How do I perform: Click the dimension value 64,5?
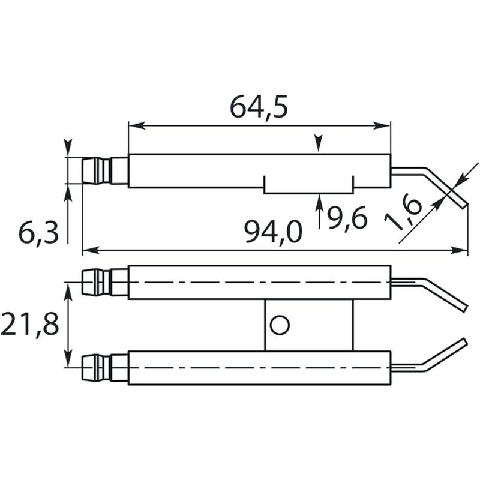259,107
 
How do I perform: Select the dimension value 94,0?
273,232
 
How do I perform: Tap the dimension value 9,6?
347,218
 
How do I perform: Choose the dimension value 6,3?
38,233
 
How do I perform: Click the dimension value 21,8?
29,324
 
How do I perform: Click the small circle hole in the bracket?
280,325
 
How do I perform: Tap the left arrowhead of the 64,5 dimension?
137,125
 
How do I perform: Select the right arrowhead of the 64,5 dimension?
382,125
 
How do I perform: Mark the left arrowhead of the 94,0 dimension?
91,250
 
